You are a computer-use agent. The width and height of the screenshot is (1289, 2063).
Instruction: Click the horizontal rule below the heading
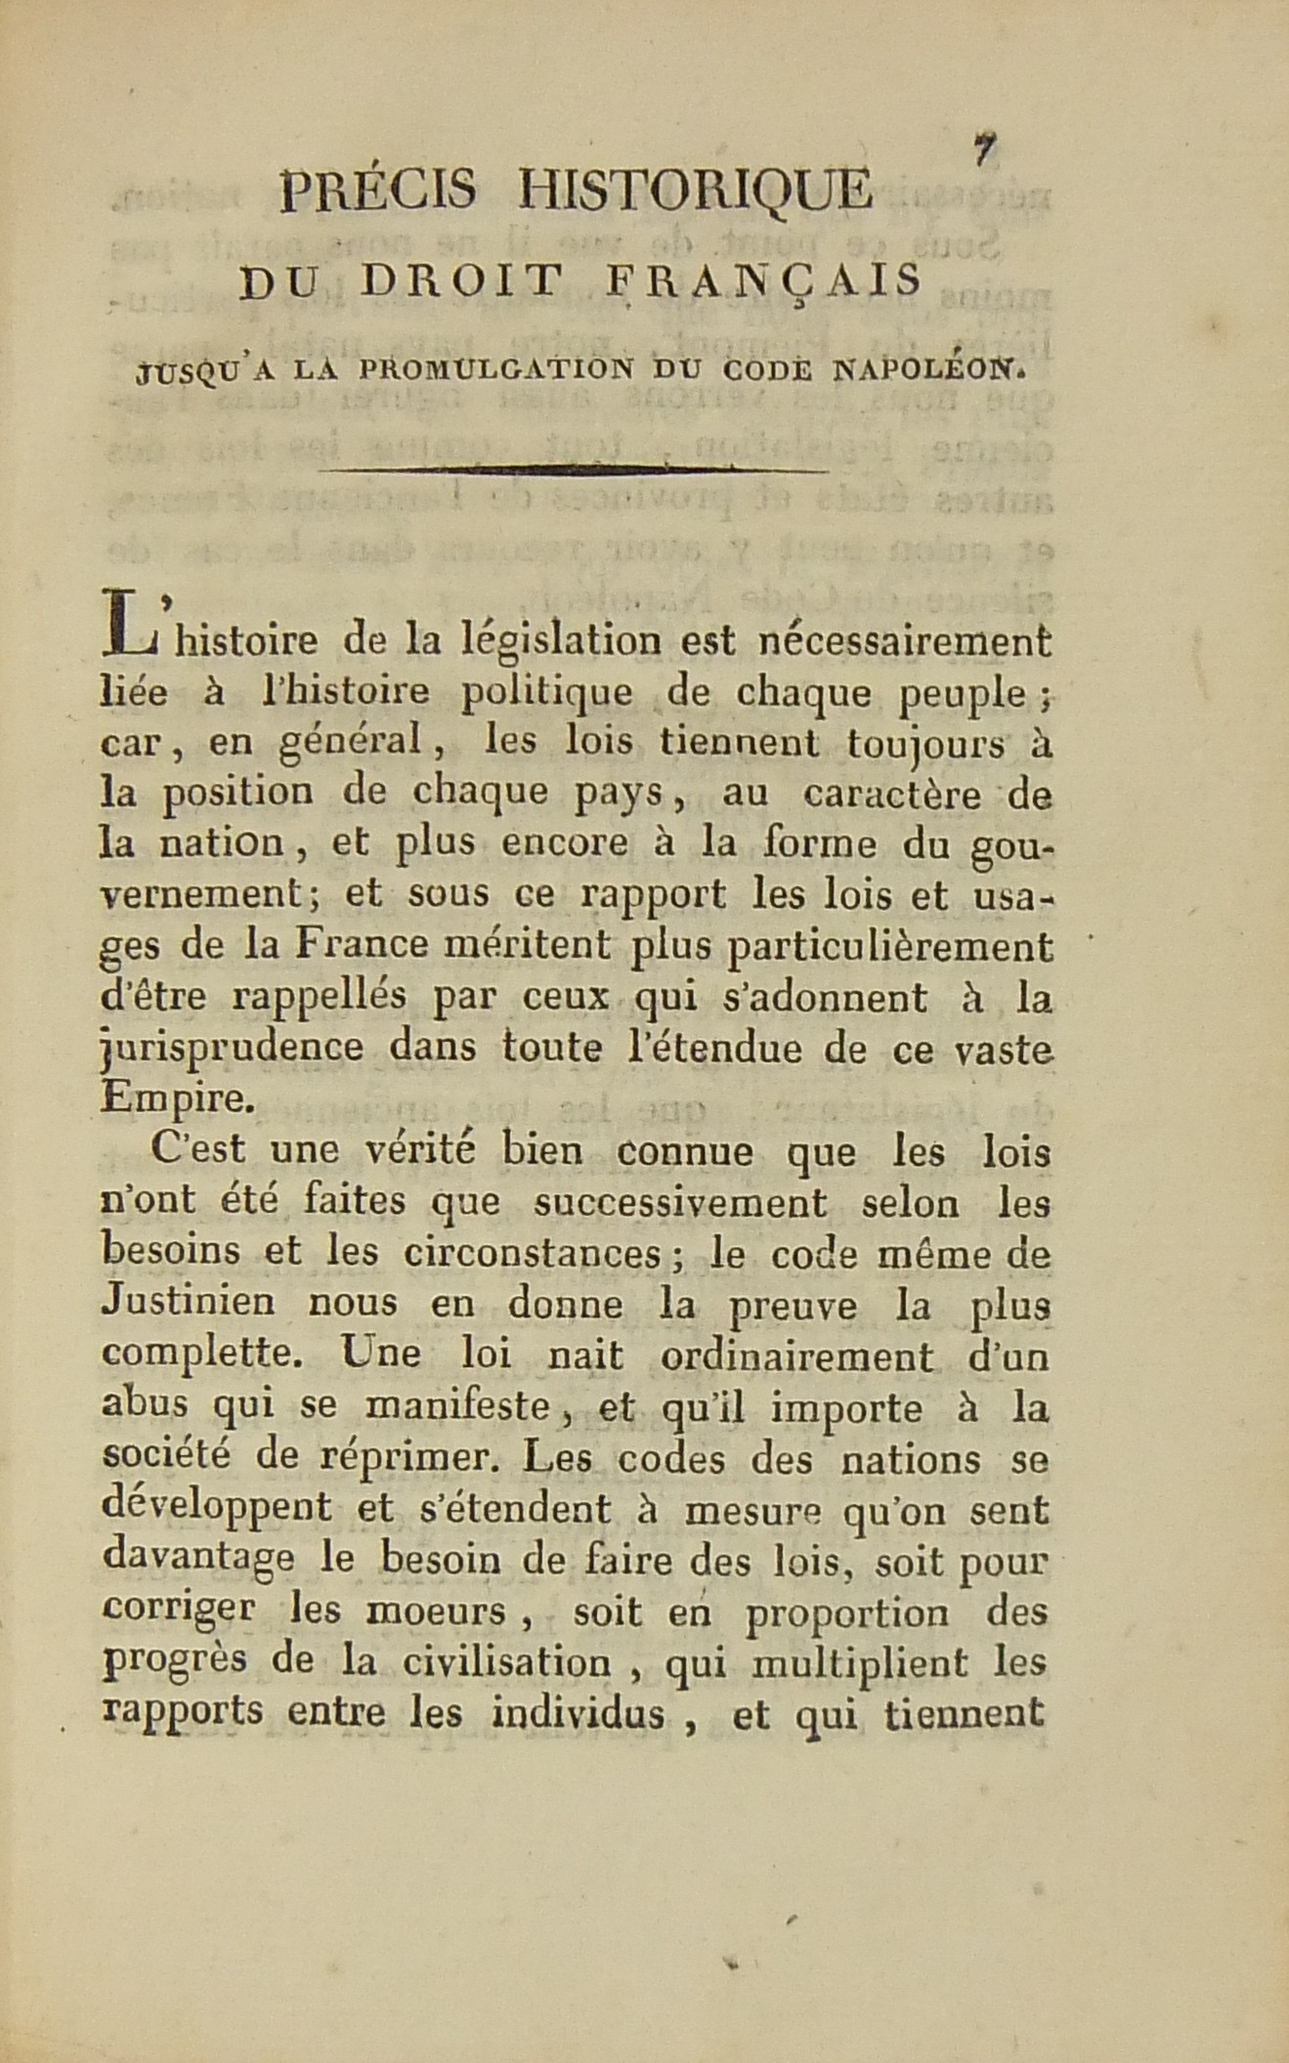[574, 470]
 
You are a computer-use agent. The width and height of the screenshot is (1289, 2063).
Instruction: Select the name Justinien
[188, 1305]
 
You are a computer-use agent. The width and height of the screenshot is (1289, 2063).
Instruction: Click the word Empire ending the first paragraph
[177, 1098]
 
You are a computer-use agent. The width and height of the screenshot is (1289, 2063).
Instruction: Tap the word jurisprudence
[233, 1048]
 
